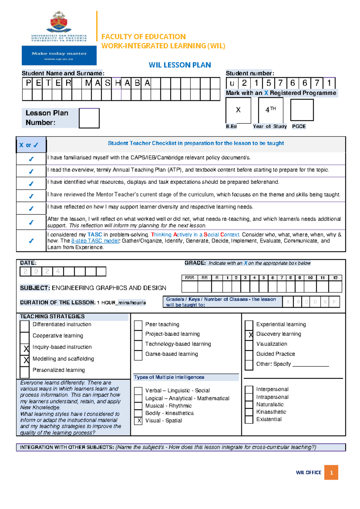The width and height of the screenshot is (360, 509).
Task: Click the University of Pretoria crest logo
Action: (x=59, y=22)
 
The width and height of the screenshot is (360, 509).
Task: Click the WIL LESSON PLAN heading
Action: (x=180, y=65)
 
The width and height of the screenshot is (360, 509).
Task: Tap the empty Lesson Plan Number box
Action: (x=89, y=118)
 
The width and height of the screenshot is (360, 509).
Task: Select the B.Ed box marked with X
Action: (x=238, y=110)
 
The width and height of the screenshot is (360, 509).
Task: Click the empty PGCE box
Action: (x=302, y=110)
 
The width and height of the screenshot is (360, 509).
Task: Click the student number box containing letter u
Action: (x=232, y=83)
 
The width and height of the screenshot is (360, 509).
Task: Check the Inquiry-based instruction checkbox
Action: (x=25, y=348)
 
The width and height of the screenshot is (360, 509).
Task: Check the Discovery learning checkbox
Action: (x=249, y=334)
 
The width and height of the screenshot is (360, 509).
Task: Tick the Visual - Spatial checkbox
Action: (x=138, y=420)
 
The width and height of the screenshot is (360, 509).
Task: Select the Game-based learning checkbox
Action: (x=138, y=354)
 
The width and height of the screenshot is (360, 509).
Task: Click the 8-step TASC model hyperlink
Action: (x=95, y=241)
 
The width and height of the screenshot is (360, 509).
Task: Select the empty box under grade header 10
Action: (x=310, y=287)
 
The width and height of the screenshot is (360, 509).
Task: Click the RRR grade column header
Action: (x=190, y=278)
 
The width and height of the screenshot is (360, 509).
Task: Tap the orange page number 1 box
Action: (x=331, y=472)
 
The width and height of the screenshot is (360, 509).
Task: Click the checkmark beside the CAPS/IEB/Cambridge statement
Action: (x=31, y=159)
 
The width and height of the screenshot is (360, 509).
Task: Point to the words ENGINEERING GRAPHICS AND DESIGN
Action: (x=109, y=288)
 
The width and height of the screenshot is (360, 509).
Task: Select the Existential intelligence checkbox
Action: (x=249, y=420)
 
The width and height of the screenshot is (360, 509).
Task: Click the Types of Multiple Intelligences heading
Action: (x=169, y=377)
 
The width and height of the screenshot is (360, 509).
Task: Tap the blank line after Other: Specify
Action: (x=310, y=364)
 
